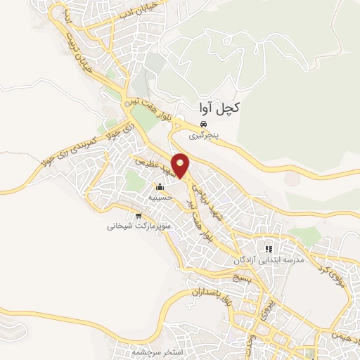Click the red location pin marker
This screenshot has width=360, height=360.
click(182, 165)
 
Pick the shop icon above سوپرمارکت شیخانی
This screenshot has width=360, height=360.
click(139, 215)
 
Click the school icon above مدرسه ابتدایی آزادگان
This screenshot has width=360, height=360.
click(268, 249)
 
